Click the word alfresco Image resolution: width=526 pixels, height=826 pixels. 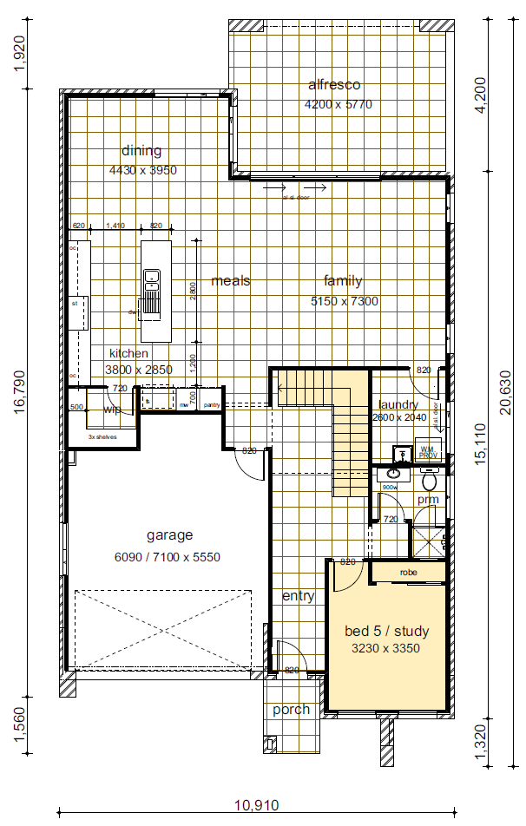334,85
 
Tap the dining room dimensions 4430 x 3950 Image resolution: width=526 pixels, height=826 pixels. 143,170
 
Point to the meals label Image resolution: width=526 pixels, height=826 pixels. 231,281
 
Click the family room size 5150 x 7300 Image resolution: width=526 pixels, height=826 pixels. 344,301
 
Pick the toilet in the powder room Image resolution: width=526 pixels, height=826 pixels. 428,479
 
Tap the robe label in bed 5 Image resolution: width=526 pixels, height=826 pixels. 409,574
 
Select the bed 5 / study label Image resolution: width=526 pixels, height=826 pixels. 387,631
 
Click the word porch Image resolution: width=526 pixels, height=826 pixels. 291,709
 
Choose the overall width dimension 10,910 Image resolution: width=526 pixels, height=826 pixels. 257,805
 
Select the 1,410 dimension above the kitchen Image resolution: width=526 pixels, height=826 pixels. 115,226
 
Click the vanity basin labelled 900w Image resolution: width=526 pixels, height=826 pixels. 393,474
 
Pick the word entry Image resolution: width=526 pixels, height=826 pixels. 298,596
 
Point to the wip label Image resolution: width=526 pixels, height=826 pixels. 112,410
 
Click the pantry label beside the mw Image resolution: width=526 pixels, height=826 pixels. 211,404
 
